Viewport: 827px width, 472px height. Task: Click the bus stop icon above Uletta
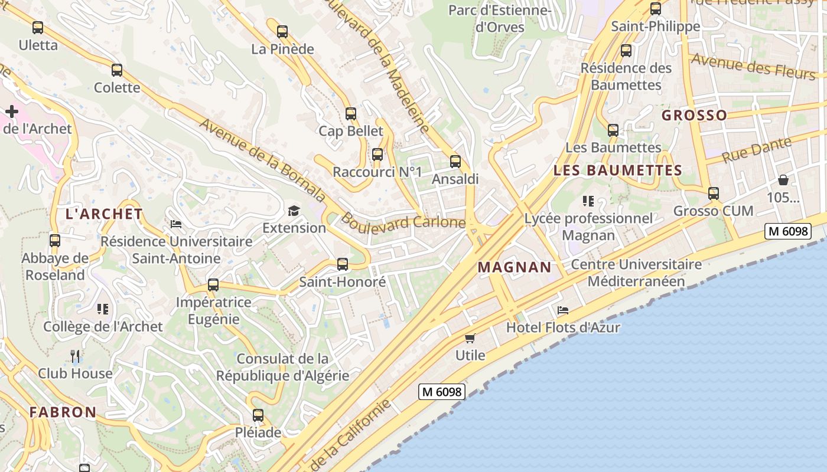coord(38,27)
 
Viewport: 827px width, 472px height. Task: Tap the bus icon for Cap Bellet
coord(351,113)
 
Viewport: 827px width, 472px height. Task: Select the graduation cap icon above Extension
coord(294,211)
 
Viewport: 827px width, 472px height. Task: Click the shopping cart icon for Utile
coord(470,338)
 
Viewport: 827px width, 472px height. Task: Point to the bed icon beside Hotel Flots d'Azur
coord(563,310)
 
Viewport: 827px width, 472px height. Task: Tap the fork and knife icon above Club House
coord(75,356)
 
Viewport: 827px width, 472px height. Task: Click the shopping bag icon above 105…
coord(783,180)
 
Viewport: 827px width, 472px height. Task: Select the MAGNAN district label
coord(515,267)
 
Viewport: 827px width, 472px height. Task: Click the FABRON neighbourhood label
coord(63,412)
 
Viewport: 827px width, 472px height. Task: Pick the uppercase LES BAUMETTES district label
coord(617,171)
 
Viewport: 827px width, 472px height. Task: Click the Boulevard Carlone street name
coord(403,222)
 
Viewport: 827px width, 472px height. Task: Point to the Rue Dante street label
coord(757,150)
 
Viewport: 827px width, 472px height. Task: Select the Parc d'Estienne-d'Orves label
coord(500,18)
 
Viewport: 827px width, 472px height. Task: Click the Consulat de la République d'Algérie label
coord(282,367)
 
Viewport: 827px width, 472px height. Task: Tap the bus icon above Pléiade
coord(258,415)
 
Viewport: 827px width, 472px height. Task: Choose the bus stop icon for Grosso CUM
coord(714,193)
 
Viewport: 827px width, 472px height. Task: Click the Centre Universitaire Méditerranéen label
coord(636,273)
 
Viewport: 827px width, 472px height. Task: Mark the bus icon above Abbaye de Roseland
coord(55,241)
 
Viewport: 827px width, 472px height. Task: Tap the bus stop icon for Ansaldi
coord(455,161)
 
